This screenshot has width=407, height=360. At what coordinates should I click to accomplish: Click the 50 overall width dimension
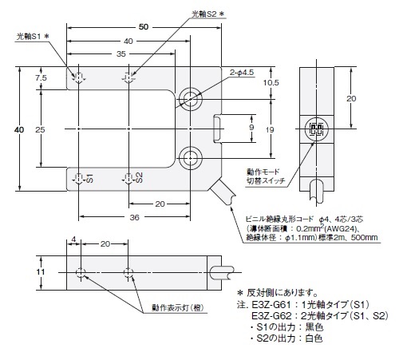144,27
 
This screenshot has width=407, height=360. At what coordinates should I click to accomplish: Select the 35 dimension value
121,54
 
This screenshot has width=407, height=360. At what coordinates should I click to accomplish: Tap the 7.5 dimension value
41,77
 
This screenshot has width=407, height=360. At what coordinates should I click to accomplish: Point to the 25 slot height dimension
40,129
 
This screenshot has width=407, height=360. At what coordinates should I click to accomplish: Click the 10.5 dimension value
271,83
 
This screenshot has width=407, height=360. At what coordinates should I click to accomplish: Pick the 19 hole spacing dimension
270,130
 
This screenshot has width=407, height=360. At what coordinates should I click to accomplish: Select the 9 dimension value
251,127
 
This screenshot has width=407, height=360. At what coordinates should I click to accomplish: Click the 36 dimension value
134,217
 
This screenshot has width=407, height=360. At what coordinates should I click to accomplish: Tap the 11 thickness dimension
41,271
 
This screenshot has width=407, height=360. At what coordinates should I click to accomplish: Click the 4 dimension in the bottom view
73,239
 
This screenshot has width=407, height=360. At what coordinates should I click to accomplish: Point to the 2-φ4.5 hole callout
242,73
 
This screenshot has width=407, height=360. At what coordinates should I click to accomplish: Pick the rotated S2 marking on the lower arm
139,177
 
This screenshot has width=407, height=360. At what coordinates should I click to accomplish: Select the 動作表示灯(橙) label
178,308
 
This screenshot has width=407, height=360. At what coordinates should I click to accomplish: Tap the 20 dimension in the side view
351,99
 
